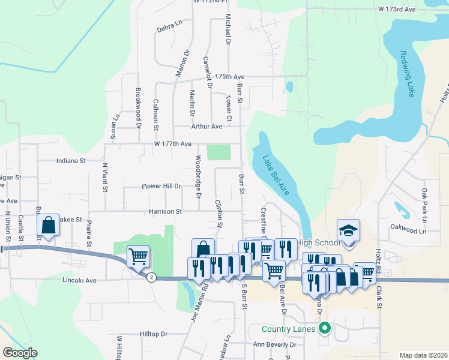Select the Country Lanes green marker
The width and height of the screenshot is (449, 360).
[325, 328]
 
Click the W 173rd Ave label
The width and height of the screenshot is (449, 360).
[397, 10]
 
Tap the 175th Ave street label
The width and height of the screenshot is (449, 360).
[231, 77]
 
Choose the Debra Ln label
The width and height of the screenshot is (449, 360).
[169, 26]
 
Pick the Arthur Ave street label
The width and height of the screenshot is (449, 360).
[206, 127]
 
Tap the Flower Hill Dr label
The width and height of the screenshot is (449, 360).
[161, 186]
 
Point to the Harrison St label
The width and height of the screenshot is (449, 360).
[166, 212]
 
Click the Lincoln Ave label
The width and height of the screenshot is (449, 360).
[79, 280]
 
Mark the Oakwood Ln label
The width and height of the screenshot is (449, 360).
[408, 230]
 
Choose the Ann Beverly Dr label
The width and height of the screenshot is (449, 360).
[274, 345]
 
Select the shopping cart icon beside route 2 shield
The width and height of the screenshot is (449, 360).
[139, 257]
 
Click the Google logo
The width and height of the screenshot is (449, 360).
[20, 353]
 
